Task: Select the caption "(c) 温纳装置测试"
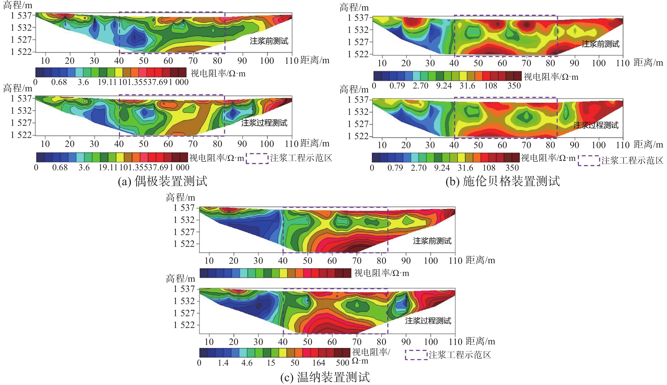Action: pos(325,377)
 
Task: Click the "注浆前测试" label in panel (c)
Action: pos(432,241)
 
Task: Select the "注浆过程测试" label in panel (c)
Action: pos(428,321)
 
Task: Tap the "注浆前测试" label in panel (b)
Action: pos(600,44)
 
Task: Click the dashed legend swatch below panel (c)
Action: pos(416,355)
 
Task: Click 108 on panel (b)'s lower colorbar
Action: pos(489,168)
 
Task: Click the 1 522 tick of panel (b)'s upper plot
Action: pos(358,54)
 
